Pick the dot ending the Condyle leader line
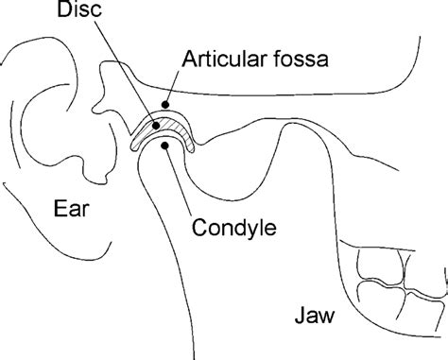166,146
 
